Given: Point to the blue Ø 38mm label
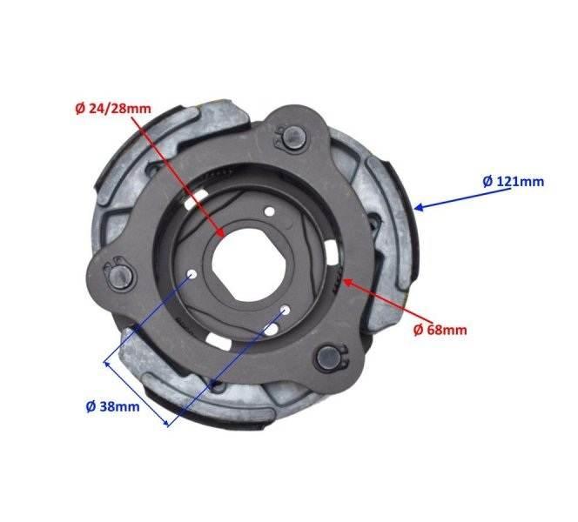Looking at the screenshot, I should (x=117, y=405).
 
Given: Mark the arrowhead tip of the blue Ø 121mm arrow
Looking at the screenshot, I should (x=416, y=207).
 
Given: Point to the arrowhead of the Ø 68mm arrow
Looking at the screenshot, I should (x=346, y=281).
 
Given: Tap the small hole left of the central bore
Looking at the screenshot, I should (x=190, y=276).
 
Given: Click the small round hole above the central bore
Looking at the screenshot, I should (x=270, y=212).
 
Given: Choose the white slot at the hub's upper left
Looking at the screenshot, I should (x=201, y=201).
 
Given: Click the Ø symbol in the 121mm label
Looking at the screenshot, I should (x=487, y=181).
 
